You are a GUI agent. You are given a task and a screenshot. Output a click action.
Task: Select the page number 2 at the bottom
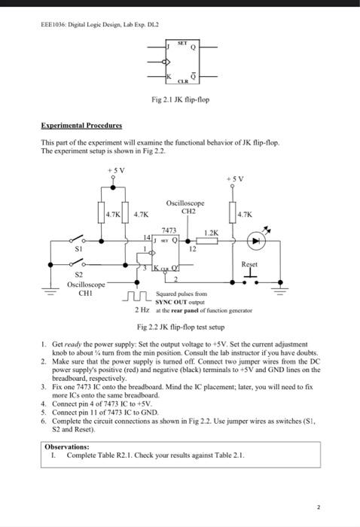click(x=319, y=507)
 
